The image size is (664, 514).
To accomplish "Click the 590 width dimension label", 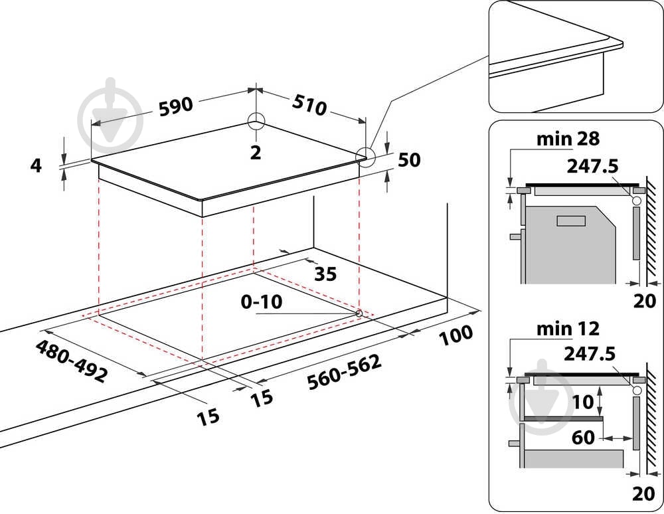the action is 176,107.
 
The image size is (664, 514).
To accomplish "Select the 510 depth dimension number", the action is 309,105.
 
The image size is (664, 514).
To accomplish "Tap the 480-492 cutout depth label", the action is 72,361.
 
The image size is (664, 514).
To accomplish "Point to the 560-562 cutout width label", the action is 344,372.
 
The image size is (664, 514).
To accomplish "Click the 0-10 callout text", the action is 261,302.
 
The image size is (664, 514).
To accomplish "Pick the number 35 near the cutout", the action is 325,274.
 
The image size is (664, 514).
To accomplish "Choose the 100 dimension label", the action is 456,335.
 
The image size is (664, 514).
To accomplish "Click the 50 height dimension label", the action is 409,160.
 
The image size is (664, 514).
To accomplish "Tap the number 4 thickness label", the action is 37,165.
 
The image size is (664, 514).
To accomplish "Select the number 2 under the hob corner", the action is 256,153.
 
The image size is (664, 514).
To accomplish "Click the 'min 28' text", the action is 568,139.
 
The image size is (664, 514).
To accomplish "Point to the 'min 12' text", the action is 568,329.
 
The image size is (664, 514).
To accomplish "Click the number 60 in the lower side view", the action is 583,437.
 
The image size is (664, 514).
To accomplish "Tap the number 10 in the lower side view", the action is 583,402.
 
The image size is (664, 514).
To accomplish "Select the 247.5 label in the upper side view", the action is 592,167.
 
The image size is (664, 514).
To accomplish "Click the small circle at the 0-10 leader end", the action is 359,313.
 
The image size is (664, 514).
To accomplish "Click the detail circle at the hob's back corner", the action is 256,122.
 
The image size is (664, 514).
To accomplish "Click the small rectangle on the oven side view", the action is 571,220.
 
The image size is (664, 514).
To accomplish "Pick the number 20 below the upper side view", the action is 645,301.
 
